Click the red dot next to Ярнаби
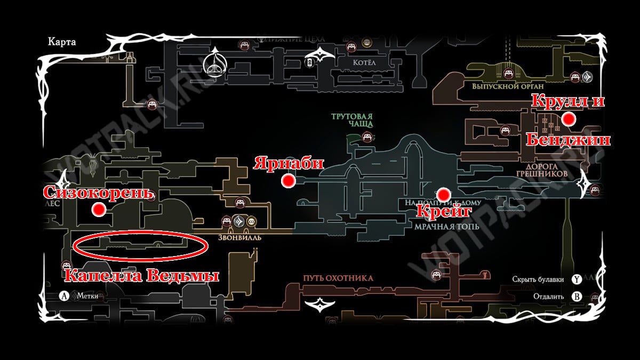[289, 181]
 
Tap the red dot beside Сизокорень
[98, 210]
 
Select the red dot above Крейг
[442, 194]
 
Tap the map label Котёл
[364, 63]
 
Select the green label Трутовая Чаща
[351, 120]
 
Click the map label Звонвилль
[239, 237]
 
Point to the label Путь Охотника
[338, 278]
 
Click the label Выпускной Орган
[500, 86]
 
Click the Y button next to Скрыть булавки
[576, 279]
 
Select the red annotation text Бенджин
[568, 140]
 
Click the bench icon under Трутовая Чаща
[367, 137]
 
